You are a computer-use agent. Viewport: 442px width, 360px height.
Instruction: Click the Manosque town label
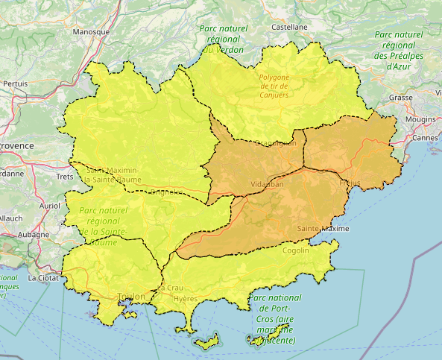pyautogui.click(x=92, y=32)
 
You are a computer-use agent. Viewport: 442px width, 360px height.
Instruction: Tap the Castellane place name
pyautogui.click(x=289, y=26)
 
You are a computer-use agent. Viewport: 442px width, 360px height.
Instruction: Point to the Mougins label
pyautogui.click(x=421, y=119)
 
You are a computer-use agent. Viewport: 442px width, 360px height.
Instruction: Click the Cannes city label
pyautogui.click(x=424, y=138)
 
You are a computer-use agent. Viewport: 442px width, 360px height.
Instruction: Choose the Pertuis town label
pyautogui.click(x=15, y=83)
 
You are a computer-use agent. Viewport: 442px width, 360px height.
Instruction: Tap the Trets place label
pyautogui.click(x=65, y=177)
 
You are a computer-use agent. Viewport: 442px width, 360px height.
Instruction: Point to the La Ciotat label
pyautogui.click(x=42, y=277)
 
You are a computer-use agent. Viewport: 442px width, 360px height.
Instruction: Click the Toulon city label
pyautogui.click(x=130, y=296)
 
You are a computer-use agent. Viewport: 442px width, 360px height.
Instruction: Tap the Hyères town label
pyautogui.click(x=186, y=298)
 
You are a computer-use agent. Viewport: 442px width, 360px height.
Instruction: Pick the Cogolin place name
pyautogui.click(x=296, y=250)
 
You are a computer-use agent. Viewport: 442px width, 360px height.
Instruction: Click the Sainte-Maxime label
pyautogui.click(x=323, y=228)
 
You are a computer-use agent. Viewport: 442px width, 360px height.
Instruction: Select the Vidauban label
pyautogui.click(x=267, y=183)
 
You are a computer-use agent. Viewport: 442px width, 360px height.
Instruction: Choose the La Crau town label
pyautogui.click(x=169, y=288)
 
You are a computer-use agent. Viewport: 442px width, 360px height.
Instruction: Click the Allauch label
pyautogui.click(x=10, y=218)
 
